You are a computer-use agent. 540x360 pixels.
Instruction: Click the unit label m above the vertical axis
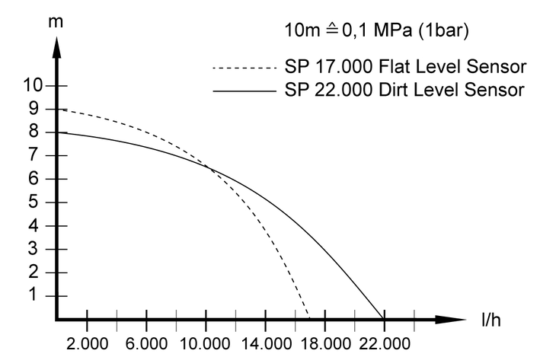(x=55, y=21)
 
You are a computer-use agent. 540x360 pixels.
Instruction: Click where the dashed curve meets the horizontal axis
(x=309, y=318)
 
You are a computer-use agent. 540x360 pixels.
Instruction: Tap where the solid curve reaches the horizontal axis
(x=383, y=318)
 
